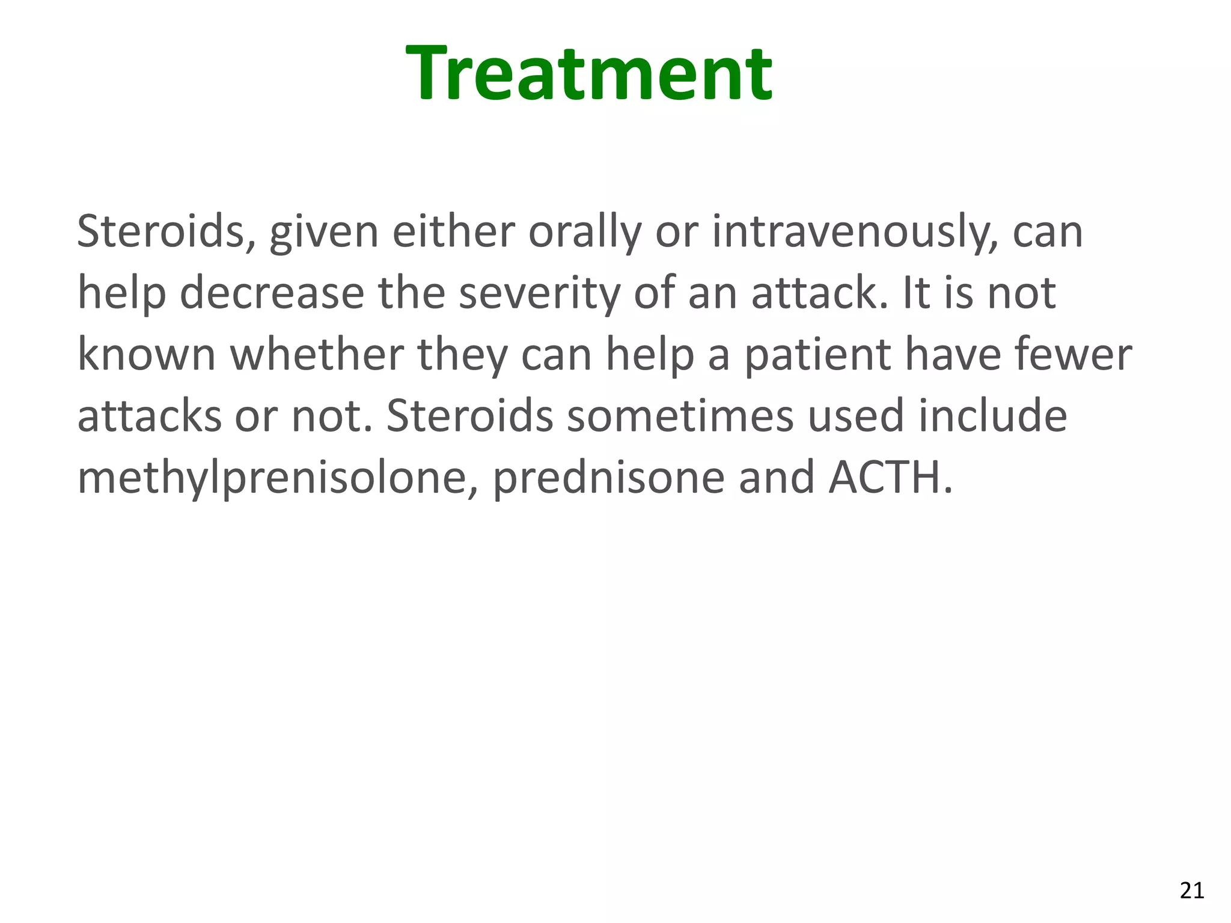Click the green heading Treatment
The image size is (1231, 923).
pyautogui.click(x=589, y=74)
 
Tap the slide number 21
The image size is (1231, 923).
pyautogui.click(x=1191, y=890)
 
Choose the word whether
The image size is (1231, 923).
pyautogui.click(x=316, y=355)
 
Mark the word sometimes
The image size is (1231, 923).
pyautogui.click(x=680, y=416)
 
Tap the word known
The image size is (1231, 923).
pyautogui.click(x=147, y=355)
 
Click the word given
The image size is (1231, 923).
pyautogui.click(x=324, y=232)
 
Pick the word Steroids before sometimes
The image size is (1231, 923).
pyautogui.click(x=469, y=416)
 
